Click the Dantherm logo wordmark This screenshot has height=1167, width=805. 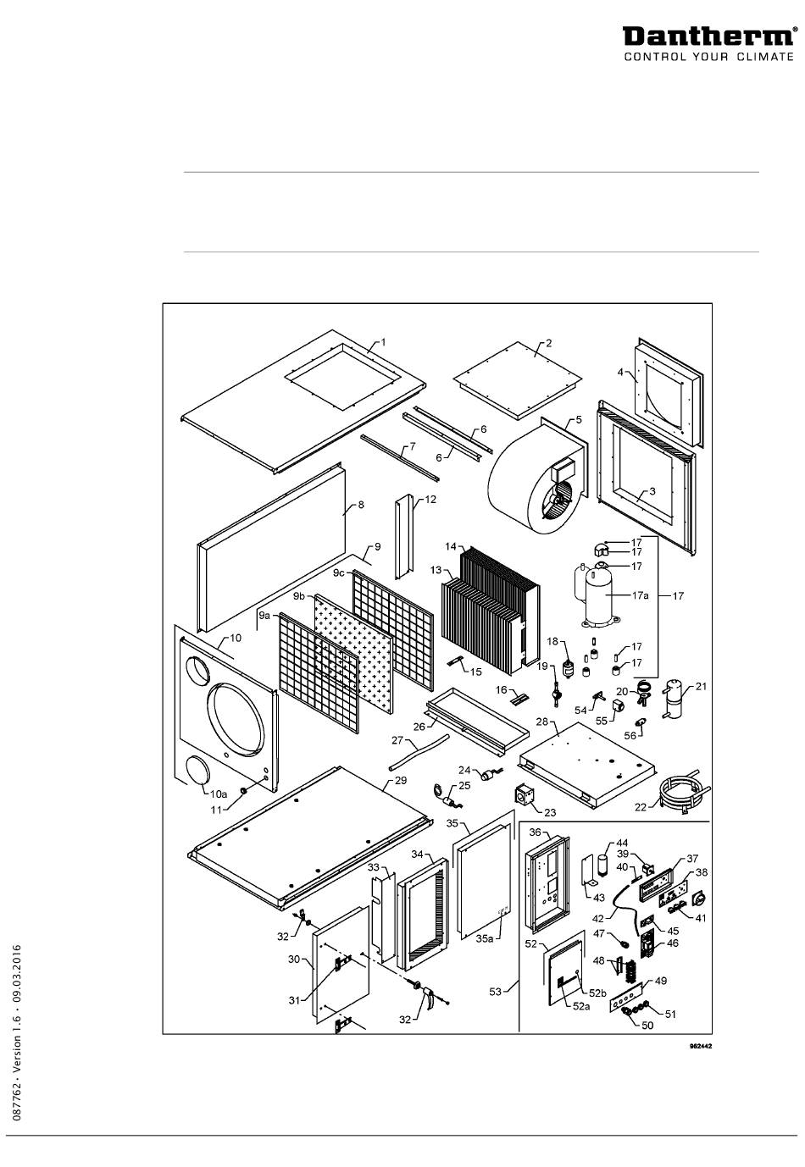point(709,37)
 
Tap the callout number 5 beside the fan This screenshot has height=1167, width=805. point(578,419)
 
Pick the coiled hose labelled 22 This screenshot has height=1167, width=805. point(685,790)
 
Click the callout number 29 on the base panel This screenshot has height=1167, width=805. point(401,780)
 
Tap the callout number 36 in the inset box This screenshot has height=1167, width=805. point(534,832)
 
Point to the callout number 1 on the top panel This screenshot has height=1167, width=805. point(382,342)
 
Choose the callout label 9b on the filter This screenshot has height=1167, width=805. point(298,596)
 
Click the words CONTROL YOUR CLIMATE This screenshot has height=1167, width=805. point(709,58)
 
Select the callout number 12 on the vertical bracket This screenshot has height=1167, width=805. point(430,501)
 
